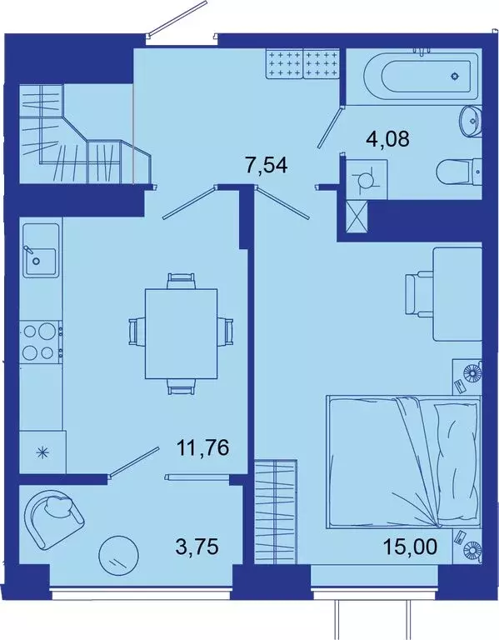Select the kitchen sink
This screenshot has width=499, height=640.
click(x=39, y=257)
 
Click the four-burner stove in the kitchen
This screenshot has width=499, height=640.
click(x=39, y=342)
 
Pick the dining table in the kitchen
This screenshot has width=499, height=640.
click(x=181, y=332)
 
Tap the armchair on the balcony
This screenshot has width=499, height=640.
click(x=55, y=516)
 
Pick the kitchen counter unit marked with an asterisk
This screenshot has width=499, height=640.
click(x=39, y=453)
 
